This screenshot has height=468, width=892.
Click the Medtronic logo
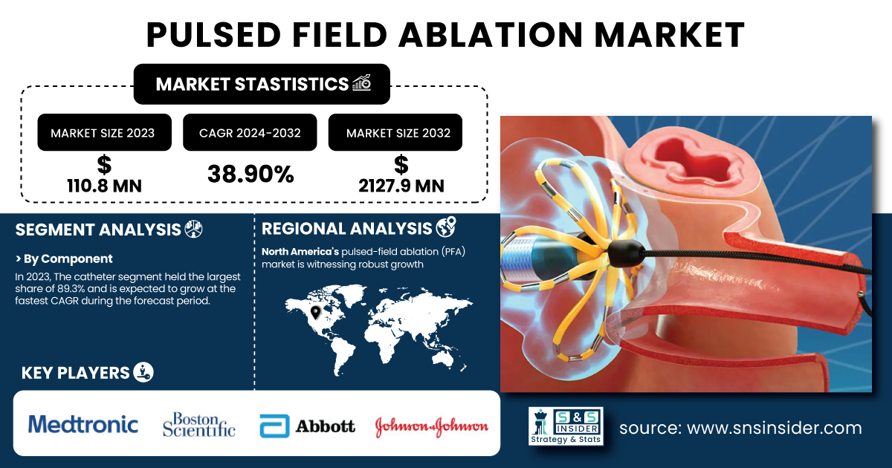(83, 424)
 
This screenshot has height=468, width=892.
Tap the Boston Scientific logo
(198, 425)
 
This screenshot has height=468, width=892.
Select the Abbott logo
(307, 426)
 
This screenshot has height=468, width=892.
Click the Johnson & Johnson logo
(432, 426)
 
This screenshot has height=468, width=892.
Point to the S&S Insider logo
(566, 426)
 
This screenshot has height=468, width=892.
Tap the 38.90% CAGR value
(251, 175)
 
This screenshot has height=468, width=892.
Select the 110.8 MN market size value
(104, 186)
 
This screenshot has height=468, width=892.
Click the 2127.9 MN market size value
(401, 186)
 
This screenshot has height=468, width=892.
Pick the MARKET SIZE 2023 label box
(104, 132)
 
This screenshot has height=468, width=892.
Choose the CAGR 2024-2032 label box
(250, 132)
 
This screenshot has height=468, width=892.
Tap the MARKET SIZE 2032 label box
(395, 132)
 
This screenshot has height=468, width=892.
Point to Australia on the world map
(442, 358)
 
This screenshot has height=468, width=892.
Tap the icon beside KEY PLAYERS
(143, 372)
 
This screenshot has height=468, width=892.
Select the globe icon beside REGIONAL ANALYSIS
(446, 227)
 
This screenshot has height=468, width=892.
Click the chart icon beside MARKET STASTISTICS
(362, 82)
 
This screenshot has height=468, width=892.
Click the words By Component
(68, 259)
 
